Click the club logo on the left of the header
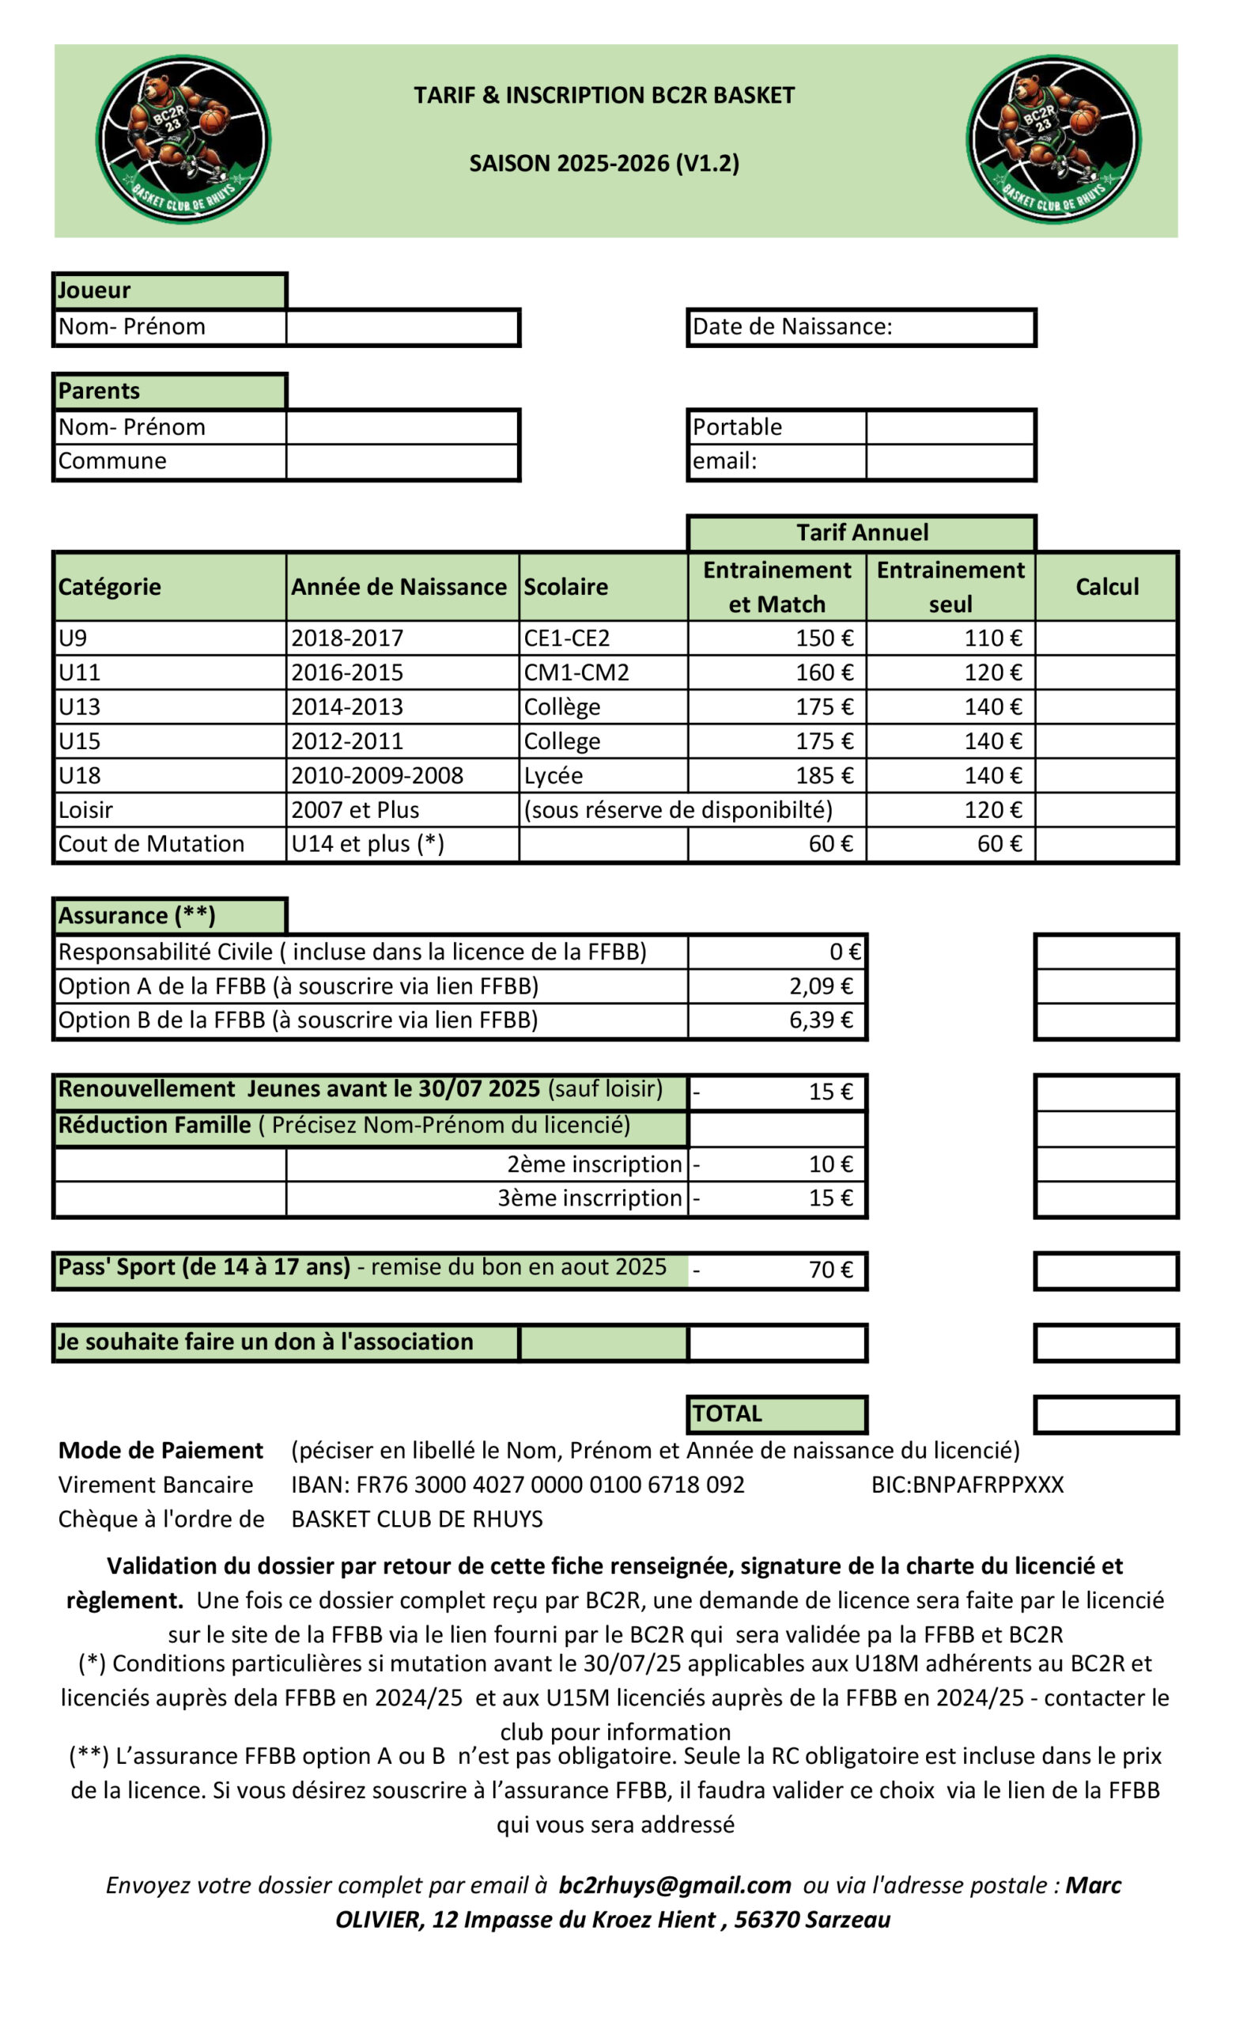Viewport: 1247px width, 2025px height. click(x=183, y=139)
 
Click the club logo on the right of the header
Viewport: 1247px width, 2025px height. click(x=1053, y=139)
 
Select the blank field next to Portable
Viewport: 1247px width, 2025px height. click(x=950, y=427)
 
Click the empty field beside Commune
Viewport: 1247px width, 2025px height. click(x=402, y=461)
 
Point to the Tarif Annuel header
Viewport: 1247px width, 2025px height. click(x=861, y=533)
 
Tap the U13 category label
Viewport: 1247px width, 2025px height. click(x=79, y=707)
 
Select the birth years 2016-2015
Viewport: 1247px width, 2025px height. click(x=347, y=673)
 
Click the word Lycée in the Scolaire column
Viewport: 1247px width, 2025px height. click(x=554, y=775)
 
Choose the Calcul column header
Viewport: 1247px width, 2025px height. click(x=1106, y=586)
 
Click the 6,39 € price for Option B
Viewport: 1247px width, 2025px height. click(x=821, y=1020)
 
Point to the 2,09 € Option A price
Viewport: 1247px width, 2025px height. click(x=821, y=986)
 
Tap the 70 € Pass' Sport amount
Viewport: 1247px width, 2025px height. click(x=829, y=1270)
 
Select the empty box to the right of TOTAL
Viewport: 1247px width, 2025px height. click(x=1106, y=1414)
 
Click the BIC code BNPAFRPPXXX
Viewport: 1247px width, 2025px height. click(x=967, y=1485)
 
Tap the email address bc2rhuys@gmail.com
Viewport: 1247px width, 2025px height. click(x=675, y=1886)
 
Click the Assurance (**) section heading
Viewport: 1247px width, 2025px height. click(x=137, y=915)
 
